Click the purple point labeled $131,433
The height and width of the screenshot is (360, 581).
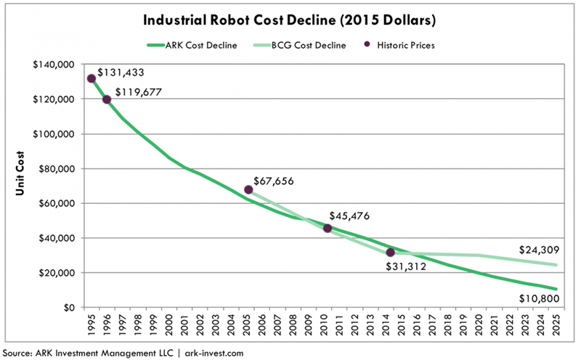pyautogui.click(x=91, y=79)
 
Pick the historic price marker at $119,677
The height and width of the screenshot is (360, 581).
pyautogui.click(x=107, y=99)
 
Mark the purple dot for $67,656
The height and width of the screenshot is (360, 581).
pyautogui.click(x=248, y=189)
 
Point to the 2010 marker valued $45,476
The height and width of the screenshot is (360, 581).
pyautogui.click(x=327, y=228)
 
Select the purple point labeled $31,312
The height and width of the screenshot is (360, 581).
pyautogui.click(x=391, y=253)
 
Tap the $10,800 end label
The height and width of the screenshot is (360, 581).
pyautogui.click(x=536, y=298)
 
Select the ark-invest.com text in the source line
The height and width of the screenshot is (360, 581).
pyautogui.click(x=206, y=352)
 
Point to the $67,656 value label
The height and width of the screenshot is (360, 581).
pyautogui.click(x=276, y=180)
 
